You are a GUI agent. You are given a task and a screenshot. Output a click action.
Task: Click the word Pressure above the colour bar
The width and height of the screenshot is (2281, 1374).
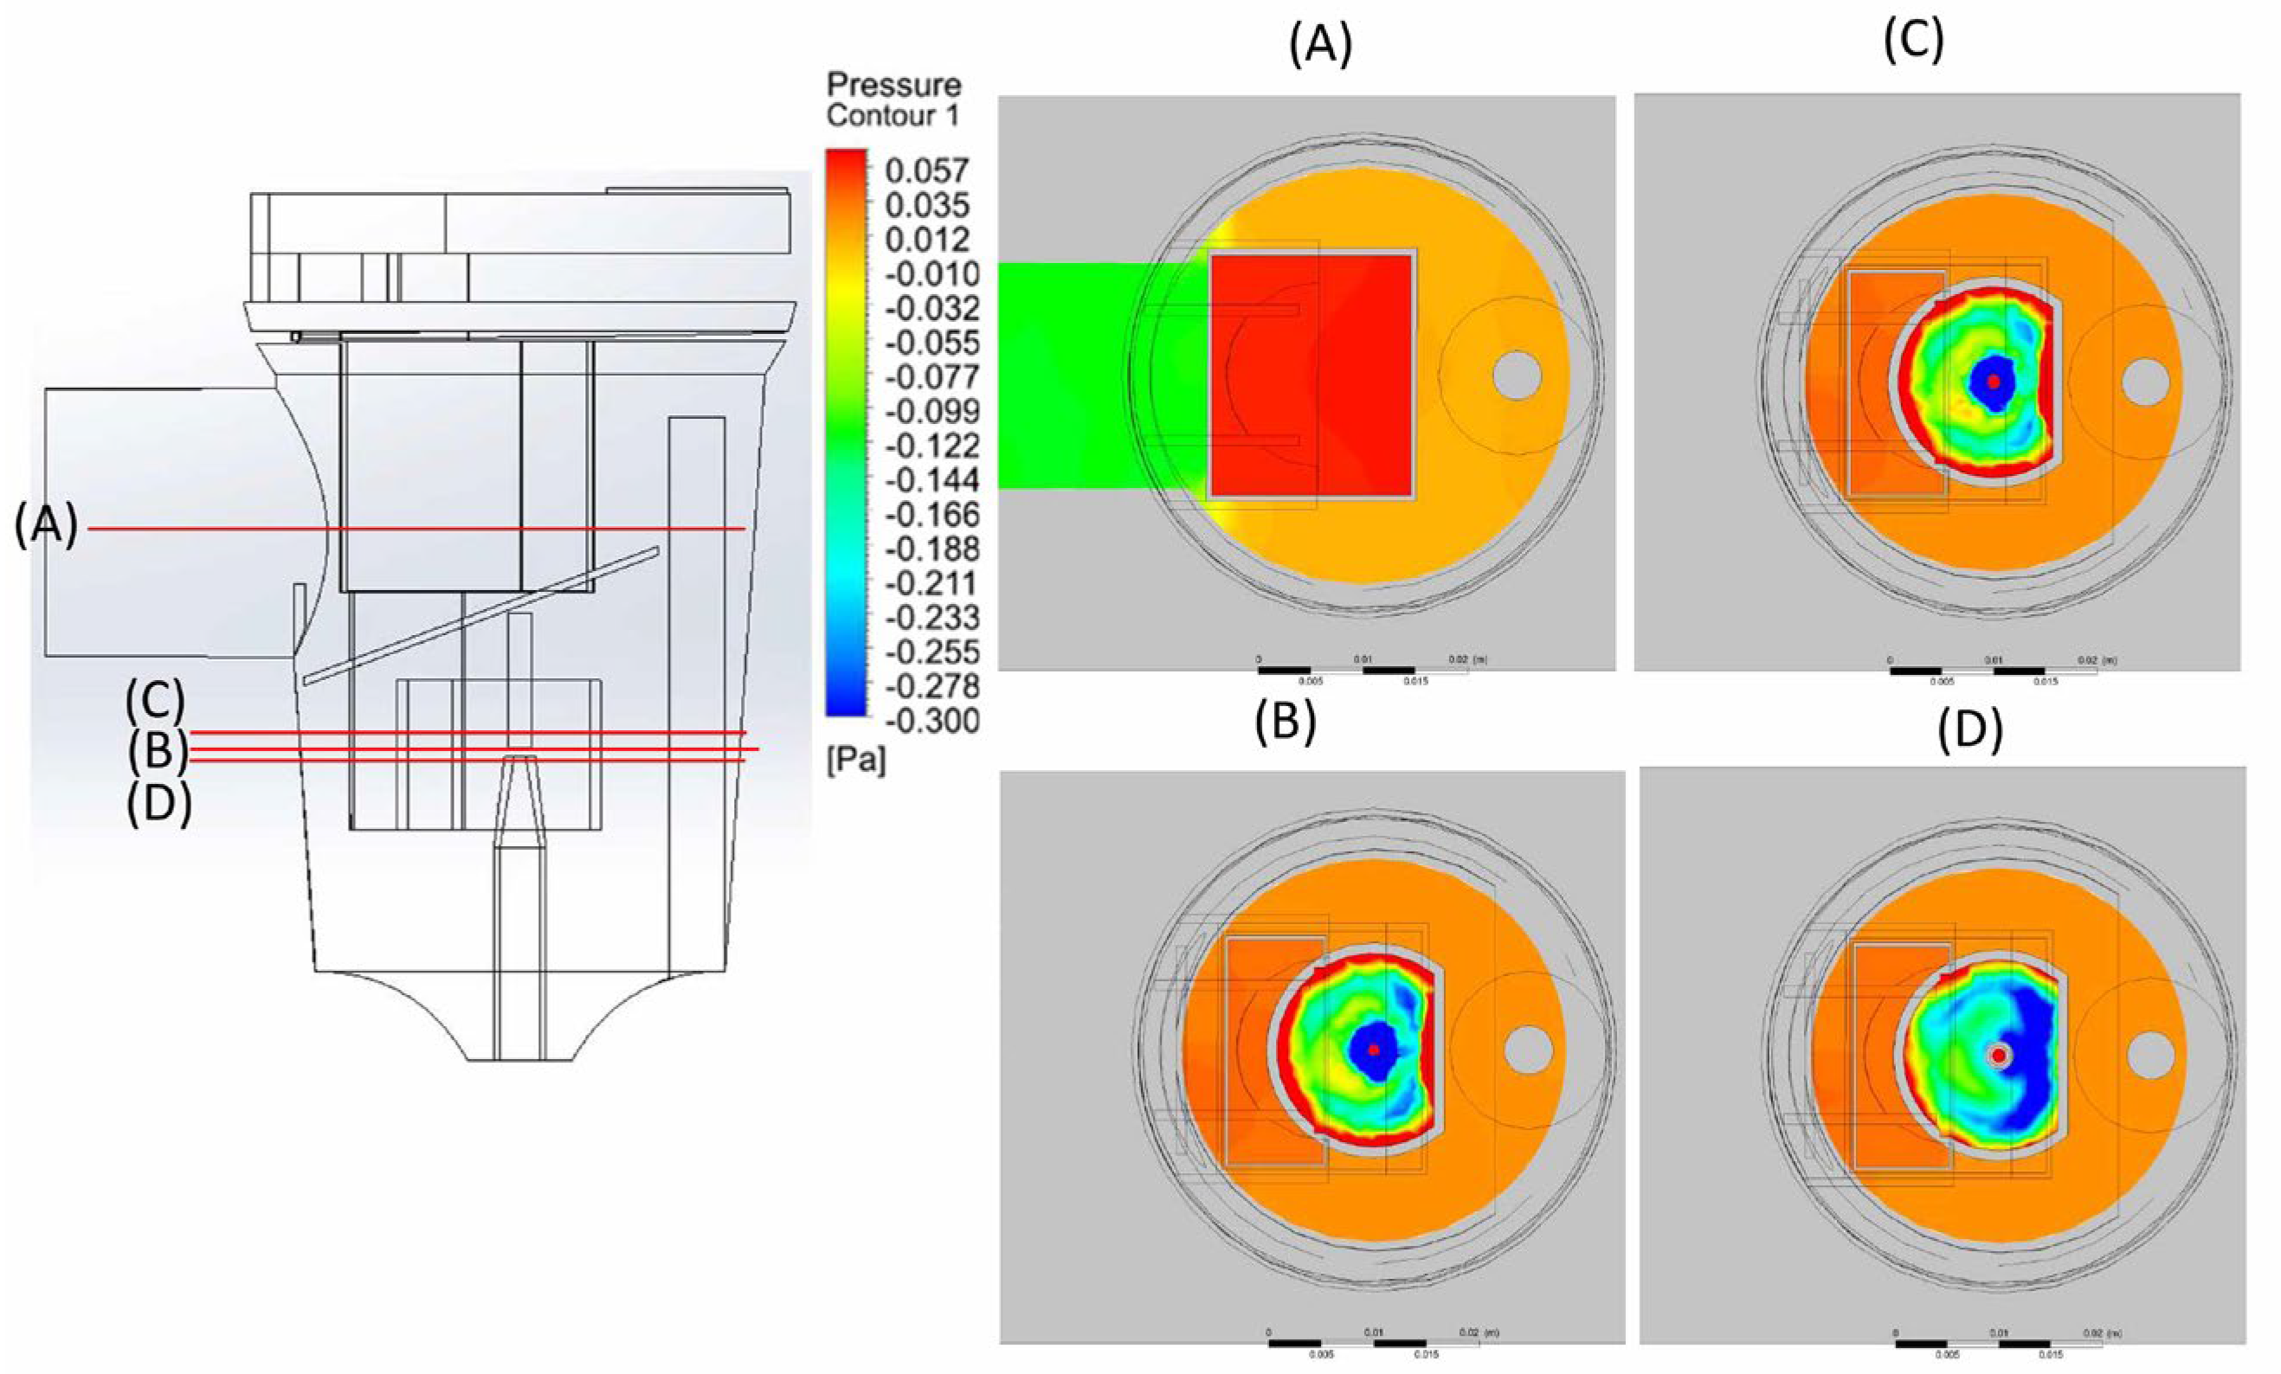893,85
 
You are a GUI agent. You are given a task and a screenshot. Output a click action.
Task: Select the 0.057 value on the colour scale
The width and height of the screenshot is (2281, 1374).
926,170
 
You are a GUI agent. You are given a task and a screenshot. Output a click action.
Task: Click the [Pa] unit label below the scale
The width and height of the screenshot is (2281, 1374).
855,761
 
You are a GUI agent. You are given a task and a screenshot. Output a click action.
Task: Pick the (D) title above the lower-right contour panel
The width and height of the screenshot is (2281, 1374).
1970,729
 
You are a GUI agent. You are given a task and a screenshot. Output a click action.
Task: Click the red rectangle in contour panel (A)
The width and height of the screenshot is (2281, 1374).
1311,375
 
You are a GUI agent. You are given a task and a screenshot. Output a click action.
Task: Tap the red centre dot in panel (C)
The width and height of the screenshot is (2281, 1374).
1993,382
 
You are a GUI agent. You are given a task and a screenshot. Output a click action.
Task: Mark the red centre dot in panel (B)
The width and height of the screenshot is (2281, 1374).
1375,1050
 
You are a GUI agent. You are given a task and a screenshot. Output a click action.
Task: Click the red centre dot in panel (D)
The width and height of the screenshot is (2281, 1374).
1999,1055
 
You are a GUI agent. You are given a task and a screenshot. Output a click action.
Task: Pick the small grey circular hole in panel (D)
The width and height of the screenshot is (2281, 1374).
2150,1056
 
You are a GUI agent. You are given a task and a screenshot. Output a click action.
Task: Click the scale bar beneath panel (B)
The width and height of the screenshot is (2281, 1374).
1374,1343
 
